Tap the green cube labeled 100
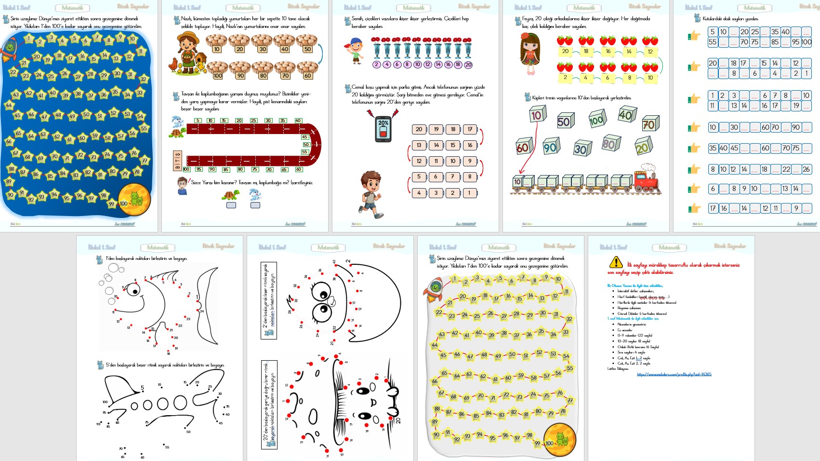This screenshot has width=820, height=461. pos(596,119)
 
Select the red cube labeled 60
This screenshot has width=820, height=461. pos(523,147)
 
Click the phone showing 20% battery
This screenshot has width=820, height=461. pos(383,129)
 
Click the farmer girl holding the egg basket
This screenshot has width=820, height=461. pos(188,53)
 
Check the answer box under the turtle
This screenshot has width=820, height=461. pos(231,205)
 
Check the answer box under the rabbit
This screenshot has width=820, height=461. pos(255,205)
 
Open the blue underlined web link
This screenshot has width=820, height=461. pos(674,374)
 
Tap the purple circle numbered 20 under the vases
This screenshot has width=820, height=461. pos(468,65)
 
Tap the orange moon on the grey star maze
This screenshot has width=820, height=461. pos(560,439)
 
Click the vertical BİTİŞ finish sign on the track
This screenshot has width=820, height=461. pos(178,160)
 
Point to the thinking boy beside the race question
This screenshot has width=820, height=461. pos(182,186)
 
